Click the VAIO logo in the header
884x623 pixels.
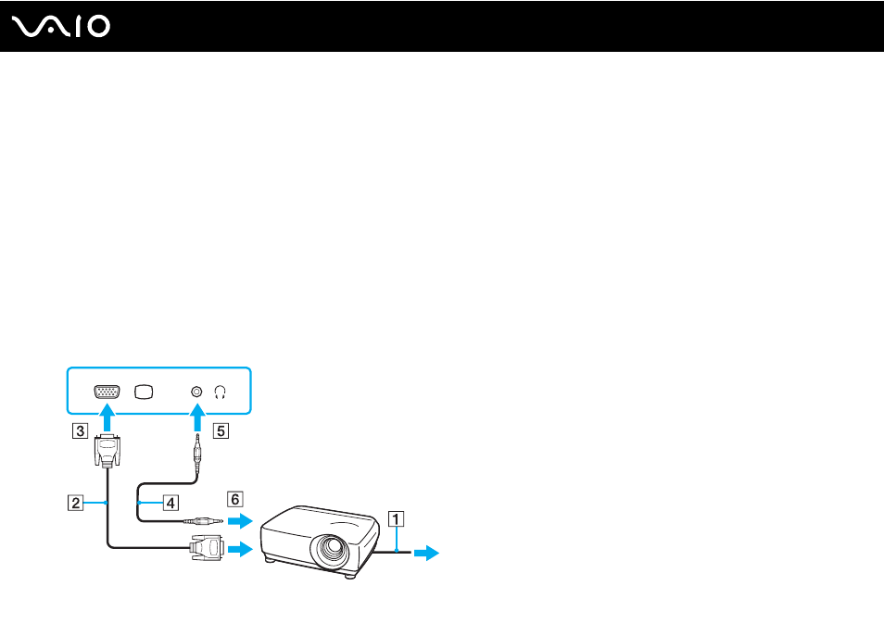coord(61,27)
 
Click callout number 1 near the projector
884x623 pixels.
coord(397,518)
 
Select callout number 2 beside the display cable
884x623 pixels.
coord(76,503)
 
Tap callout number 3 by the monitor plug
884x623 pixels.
coord(80,431)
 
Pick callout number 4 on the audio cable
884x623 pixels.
coord(170,503)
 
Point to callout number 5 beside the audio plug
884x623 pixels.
coord(221,431)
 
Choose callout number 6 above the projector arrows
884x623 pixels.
coord(235,499)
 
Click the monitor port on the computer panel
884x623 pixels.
coord(107,392)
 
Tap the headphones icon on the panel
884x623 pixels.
coord(220,392)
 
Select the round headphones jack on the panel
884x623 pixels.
coord(196,392)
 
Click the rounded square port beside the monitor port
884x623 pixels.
coord(144,392)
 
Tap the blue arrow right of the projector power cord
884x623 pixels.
coord(427,554)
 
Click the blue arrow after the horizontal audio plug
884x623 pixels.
coord(240,521)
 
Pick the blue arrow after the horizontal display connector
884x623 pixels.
coord(240,548)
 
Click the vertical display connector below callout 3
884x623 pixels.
coord(107,452)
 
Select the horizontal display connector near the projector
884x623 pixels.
coord(207,548)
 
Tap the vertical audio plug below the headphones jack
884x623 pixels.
coord(197,454)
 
